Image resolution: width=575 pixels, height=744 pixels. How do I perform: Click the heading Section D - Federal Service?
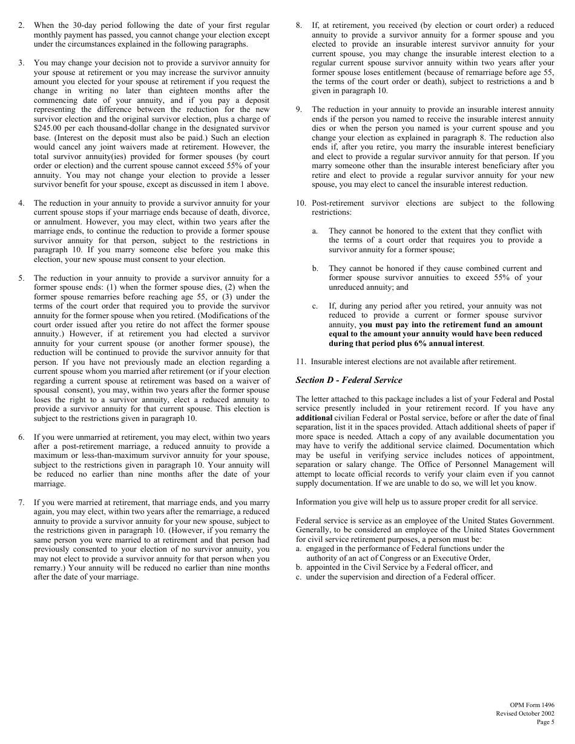tap(349, 380)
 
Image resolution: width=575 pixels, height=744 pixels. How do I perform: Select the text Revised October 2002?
tap(525, 714)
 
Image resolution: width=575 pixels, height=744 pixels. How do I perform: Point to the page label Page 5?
tap(545, 722)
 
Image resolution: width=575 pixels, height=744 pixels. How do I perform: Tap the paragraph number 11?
tap(300, 362)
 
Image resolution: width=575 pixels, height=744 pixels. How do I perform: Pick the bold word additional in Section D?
tap(314, 418)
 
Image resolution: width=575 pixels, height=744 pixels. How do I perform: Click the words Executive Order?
tap(459, 558)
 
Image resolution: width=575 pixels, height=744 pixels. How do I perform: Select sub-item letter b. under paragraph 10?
tap(315, 269)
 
